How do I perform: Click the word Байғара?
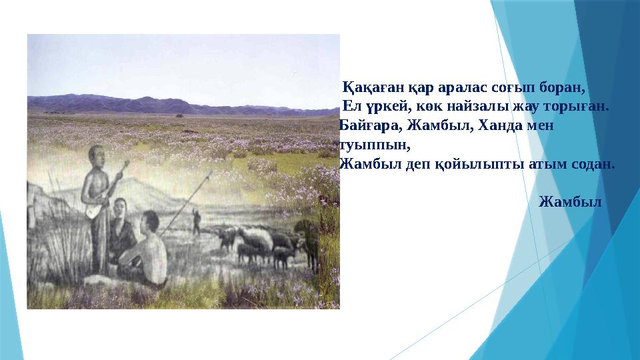pos(364,126)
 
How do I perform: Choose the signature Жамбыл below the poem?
pos(569,201)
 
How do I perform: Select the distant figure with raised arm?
pos(195,220)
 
